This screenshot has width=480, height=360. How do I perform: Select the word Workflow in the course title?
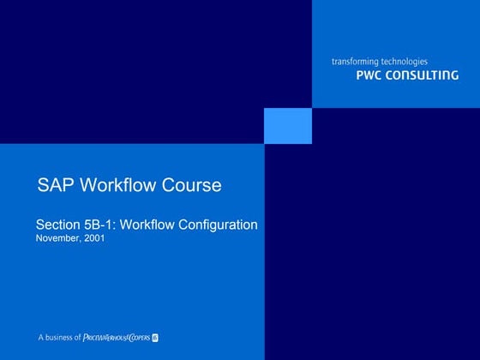click(123, 185)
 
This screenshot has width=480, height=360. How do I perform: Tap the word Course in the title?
click(194, 185)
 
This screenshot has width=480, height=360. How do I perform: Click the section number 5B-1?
click(102, 225)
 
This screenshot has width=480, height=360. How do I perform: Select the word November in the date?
click(57, 238)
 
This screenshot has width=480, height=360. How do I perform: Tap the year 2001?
click(94, 238)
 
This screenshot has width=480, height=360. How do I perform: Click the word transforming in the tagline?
click(357, 62)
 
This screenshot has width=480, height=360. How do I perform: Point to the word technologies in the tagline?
click(405, 62)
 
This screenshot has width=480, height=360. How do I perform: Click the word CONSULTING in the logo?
click(423, 75)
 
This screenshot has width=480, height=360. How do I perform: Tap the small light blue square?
click(288, 125)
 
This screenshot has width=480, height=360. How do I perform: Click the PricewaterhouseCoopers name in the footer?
click(121, 337)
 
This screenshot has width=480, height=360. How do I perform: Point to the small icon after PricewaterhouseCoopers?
click(166, 337)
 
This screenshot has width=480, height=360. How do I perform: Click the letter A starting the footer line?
click(39, 337)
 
